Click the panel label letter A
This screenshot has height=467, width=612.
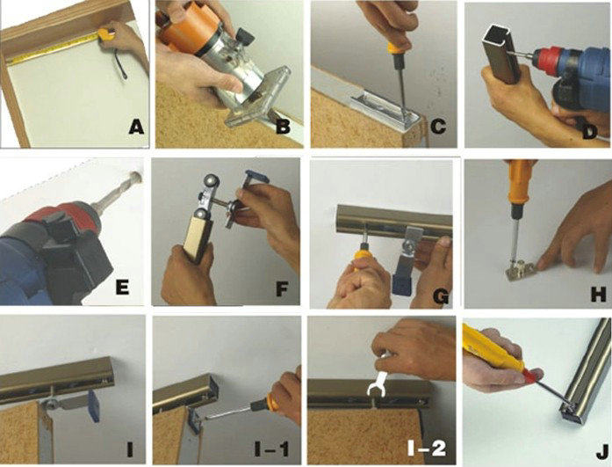coord(136,127)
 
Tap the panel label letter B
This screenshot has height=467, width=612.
coord(283,127)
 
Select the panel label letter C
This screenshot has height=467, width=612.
coord(438,127)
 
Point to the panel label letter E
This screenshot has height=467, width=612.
coord(122,288)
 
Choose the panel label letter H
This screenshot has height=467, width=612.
coord(598,294)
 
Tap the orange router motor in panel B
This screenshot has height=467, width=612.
coord(184,29)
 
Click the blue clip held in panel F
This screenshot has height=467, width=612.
coord(256,178)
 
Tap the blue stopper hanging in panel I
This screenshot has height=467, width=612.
coord(94,405)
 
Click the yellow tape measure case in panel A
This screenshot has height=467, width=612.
coord(106,34)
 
